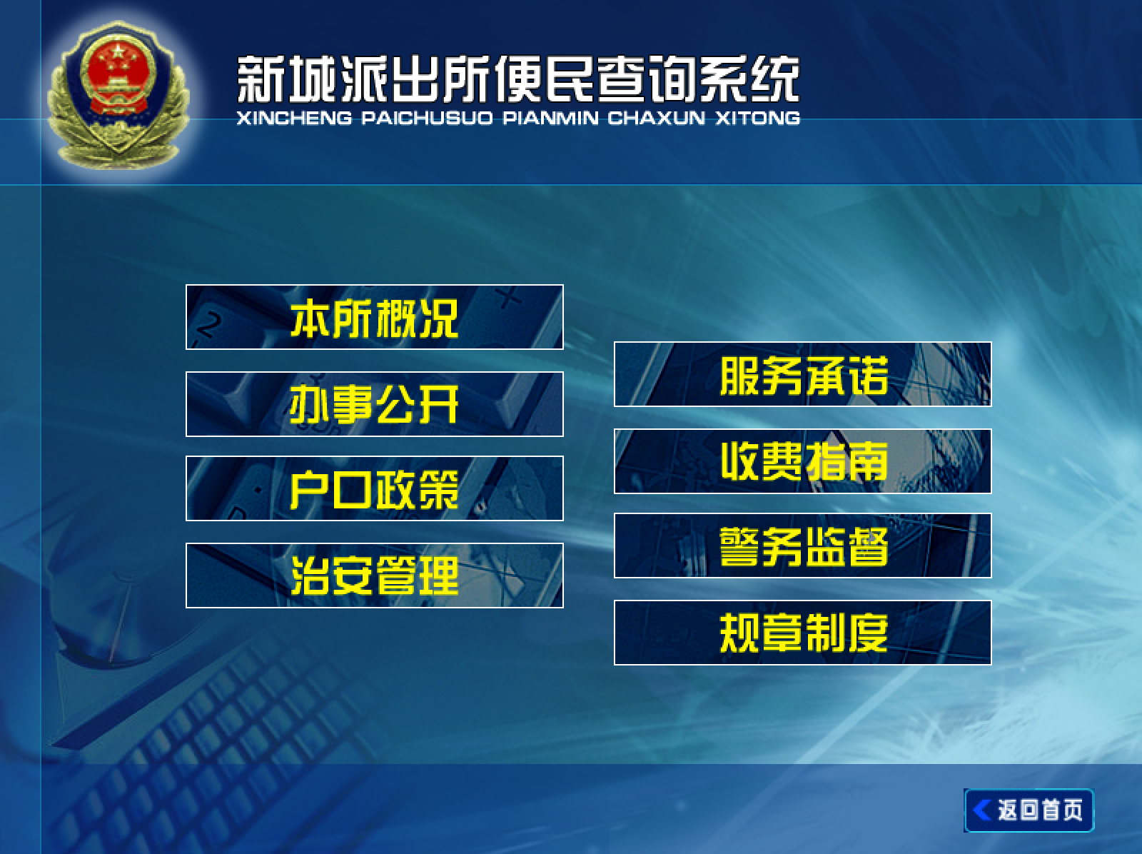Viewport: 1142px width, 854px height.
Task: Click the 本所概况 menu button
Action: click(x=375, y=317)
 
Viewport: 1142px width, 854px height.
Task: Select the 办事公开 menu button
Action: click(x=375, y=404)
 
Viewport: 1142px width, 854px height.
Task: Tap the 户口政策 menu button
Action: click(x=375, y=488)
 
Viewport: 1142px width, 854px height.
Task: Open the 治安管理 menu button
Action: click(x=375, y=575)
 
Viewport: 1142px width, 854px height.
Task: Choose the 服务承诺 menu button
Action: click(x=803, y=374)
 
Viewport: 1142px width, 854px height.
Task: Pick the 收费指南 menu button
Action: click(x=803, y=461)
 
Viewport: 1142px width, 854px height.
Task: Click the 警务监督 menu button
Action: click(x=803, y=546)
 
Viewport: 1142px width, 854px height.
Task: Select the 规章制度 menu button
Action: click(x=803, y=633)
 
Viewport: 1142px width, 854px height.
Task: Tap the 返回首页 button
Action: click(x=1029, y=810)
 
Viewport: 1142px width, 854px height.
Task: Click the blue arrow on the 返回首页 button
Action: click(x=981, y=810)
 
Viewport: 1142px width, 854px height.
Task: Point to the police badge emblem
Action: click(x=118, y=95)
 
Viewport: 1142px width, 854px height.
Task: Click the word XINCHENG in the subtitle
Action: click(x=295, y=118)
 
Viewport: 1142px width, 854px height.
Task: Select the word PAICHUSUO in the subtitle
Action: click(x=427, y=118)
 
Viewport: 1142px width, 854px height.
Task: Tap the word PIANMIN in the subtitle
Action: click(x=550, y=118)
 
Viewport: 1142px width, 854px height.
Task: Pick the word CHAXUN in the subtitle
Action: click(x=657, y=118)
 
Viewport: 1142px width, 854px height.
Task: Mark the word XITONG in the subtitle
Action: click(x=758, y=118)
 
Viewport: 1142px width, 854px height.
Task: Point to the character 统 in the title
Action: click(x=775, y=79)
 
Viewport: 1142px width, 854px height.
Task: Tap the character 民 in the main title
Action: click(x=569, y=79)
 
